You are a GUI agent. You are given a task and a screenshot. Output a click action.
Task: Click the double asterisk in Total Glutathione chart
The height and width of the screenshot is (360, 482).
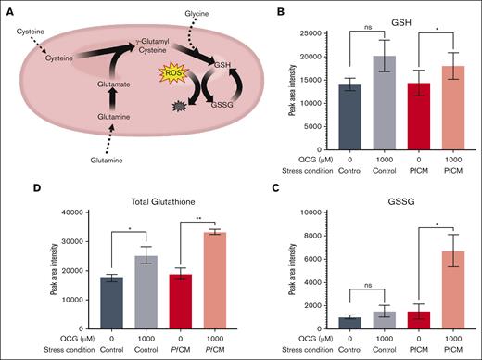click(x=202, y=217)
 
